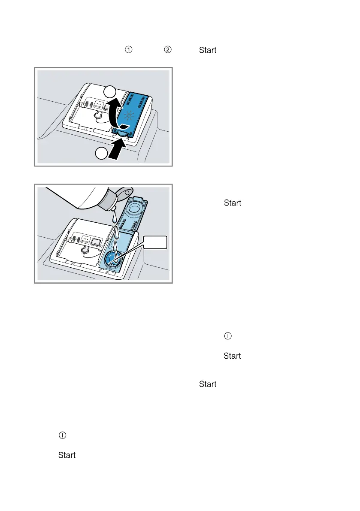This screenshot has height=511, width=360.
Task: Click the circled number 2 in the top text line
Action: click(168, 50)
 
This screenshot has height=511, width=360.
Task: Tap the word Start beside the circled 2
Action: click(208, 50)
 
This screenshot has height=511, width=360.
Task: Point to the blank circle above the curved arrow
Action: click(110, 91)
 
